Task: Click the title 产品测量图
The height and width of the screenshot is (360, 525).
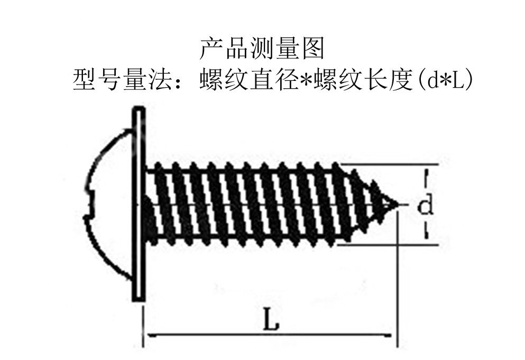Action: [x=262, y=49]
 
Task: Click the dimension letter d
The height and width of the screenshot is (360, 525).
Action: [x=426, y=205]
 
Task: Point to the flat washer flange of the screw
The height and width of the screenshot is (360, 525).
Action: [x=139, y=204]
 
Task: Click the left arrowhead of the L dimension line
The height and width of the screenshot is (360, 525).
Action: [x=150, y=335]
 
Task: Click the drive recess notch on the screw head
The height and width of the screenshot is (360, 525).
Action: [x=91, y=204]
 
